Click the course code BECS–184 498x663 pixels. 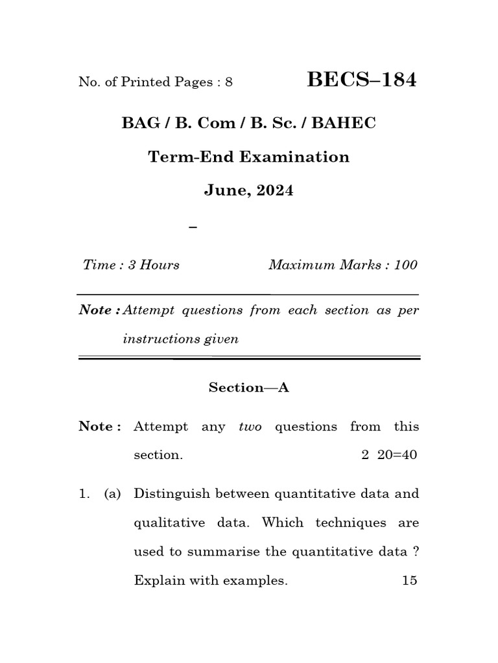point(362,80)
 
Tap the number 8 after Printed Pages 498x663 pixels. point(229,82)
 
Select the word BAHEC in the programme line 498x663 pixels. point(344,123)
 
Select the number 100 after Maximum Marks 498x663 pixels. point(405,265)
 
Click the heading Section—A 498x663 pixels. point(248,387)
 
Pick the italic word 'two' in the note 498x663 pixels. point(250,427)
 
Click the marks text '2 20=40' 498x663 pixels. point(389,455)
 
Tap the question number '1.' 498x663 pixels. point(84,494)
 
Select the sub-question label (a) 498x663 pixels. point(112,494)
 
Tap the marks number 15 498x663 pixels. point(410,581)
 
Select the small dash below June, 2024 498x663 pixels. point(192,227)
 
